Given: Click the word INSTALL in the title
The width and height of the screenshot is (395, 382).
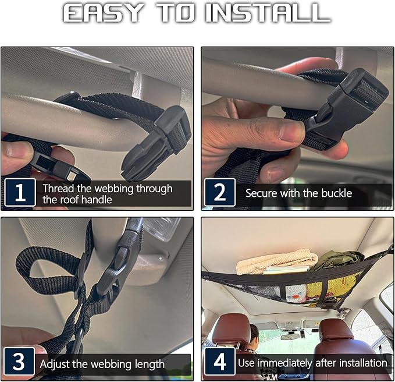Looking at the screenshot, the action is point(268,13).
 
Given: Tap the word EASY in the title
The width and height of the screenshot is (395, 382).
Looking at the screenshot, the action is point(103,13).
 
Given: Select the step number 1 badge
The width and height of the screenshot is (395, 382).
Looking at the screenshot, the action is point(20,192).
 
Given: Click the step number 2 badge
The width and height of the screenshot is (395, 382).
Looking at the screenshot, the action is point(220,192).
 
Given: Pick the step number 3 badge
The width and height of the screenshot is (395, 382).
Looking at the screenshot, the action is point(19,361).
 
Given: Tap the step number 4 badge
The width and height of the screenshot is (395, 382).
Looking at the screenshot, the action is point(220,361).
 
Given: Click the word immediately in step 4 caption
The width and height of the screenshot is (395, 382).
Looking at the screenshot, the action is point(285,363).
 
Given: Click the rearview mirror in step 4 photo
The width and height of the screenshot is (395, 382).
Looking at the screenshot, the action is point(290,337).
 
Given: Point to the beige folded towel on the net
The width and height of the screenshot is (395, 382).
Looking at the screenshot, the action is point(276,261).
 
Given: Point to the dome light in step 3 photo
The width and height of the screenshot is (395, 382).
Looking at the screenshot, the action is point(161,228).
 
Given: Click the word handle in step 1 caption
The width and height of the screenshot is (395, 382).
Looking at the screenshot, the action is point(97,200).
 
